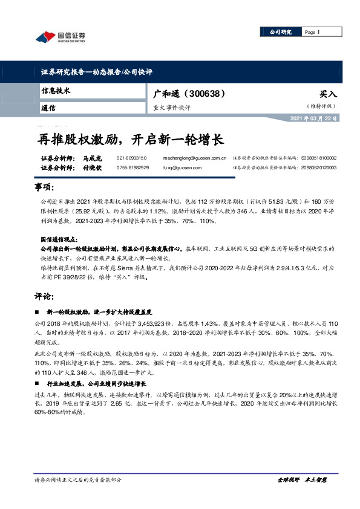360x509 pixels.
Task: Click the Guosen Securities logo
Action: coord(61,37)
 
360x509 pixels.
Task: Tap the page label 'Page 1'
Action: coord(313,32)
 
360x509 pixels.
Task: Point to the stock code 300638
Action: coord(206,94)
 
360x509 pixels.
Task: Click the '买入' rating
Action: coord(328,95)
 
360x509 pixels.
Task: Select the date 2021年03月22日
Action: coord(314,117)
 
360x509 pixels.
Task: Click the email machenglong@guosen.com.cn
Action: coord(195,158)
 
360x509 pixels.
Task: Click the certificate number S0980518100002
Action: coord(318,158)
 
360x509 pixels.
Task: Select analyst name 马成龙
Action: coord(91,158)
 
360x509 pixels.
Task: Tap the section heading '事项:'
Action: coord(45,187)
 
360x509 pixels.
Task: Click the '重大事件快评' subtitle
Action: coord(172,107)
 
